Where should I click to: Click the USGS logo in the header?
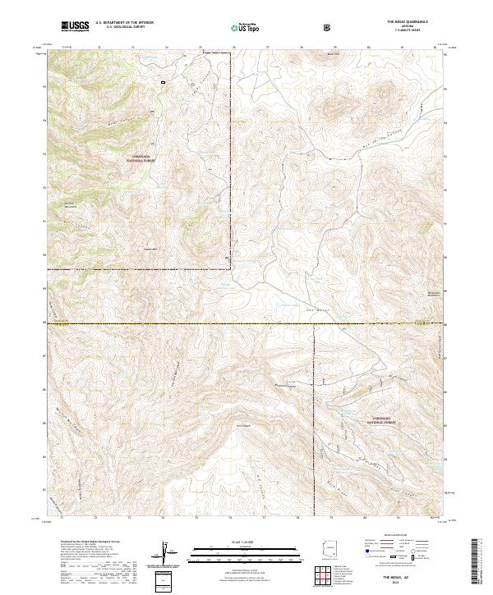click(75, 26)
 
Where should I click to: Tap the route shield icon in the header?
click(328, 27)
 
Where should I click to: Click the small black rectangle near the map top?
click(164, 81)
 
